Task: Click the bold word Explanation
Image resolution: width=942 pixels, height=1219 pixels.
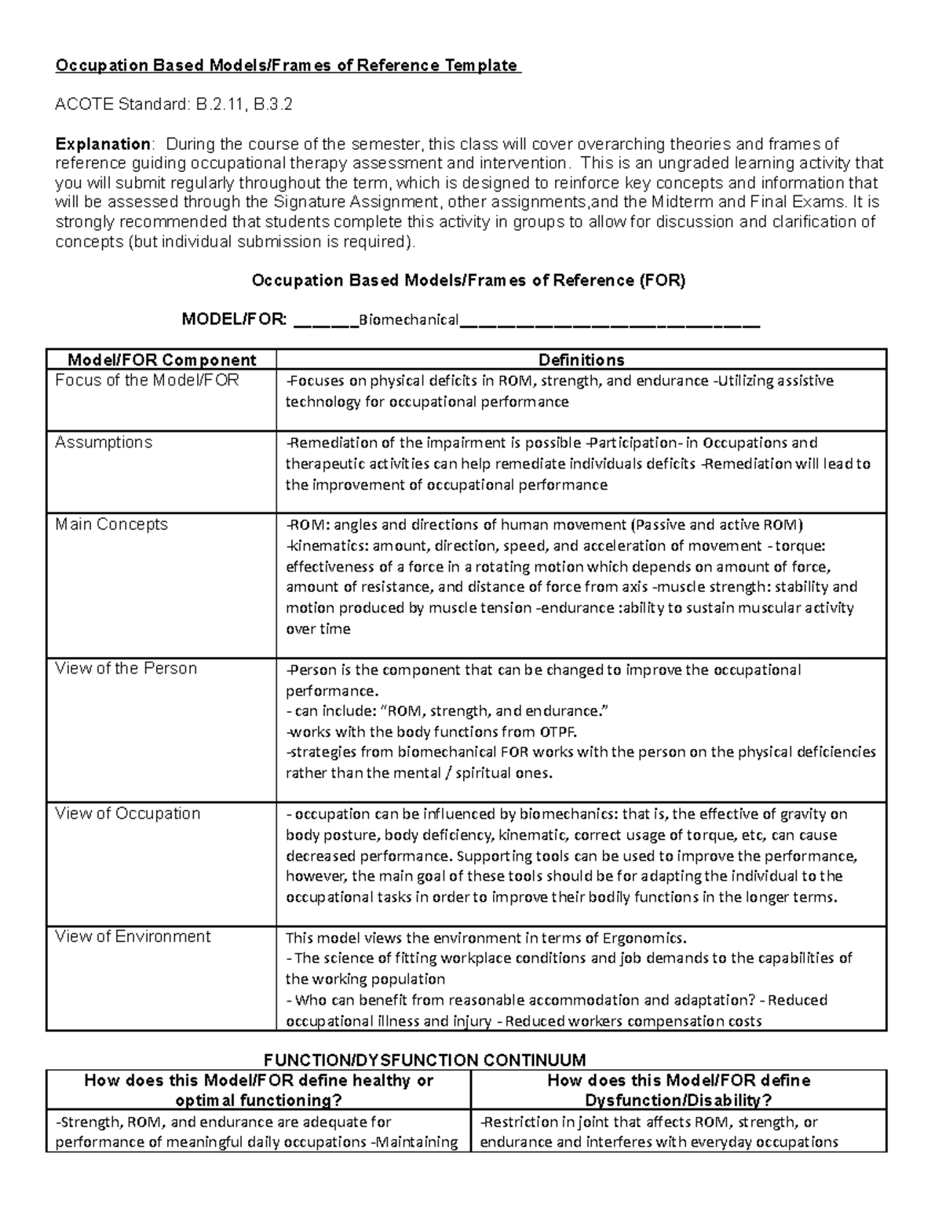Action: click(103, 144)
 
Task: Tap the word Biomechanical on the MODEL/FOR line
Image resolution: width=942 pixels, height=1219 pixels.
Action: click(408, 320)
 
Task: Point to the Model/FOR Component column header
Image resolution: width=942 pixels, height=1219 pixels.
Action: click(162, 360)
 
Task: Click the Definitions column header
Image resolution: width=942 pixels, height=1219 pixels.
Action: click(581, 360)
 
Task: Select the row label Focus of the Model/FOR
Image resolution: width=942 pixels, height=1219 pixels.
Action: click(147, 381)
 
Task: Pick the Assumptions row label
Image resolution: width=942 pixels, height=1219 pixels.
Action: click(104, 442)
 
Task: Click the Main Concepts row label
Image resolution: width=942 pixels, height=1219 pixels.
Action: click(111, 524)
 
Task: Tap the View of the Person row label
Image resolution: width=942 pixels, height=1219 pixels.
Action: click(126, 669)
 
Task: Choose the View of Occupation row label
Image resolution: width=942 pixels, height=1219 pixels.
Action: click(127, 814)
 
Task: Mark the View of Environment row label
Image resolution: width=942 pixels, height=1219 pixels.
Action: click(133, 936)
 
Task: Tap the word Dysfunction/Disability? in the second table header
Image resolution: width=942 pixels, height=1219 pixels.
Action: click(678, 1100)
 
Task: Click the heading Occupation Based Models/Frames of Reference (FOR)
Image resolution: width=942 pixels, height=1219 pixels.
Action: click(468, 280)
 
